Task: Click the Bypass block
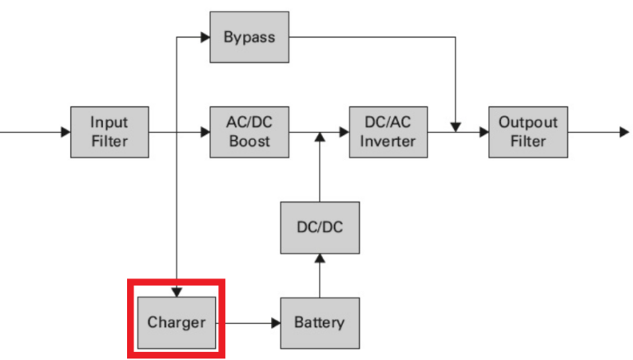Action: point(248,38)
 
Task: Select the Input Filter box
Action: point(110,131)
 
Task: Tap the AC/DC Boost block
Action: point(249,131)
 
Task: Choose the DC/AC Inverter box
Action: point(388,131)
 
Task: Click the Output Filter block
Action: point(527,131)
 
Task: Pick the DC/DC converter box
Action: point(319,227)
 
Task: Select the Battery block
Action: point(319,322)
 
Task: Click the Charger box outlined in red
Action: point(176,322)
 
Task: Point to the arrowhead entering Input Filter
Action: point(65,131)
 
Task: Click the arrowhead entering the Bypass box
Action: point(205,38)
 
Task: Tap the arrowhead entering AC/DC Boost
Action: point(205,131)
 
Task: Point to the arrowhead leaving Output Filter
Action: point(623,131)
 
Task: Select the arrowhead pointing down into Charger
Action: point(177,292)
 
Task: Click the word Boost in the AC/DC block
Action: point(249,141)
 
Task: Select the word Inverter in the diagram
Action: point(388,141)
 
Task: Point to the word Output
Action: point(527,122)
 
